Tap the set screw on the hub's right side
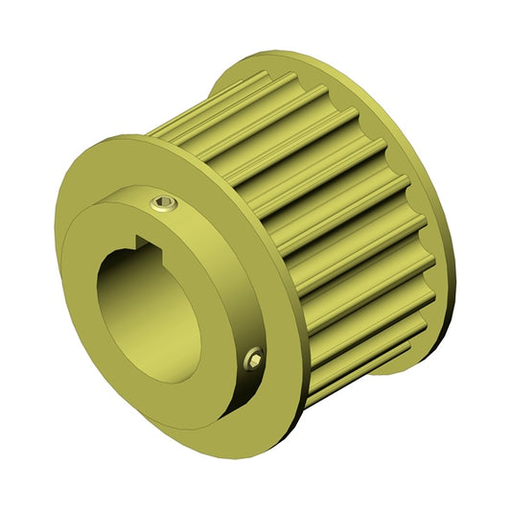tap(254, 358)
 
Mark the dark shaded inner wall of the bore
tap(125, 297)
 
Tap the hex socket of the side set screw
tap(254, 358)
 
